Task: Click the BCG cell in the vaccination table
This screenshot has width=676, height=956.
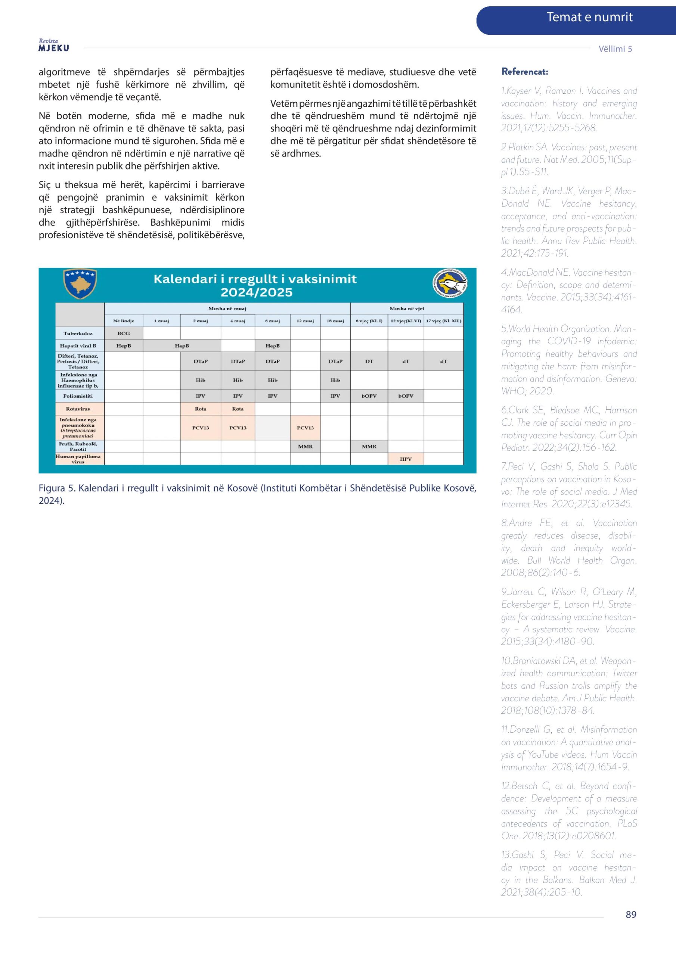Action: [x=124, y=333]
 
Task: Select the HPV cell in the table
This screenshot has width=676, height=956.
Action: [x=406, y=459]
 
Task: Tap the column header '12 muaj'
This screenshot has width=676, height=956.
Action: [x=305, y=321]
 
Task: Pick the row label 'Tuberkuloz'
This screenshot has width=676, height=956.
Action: [x=78, y=333]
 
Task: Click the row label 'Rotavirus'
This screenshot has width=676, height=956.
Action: [x=78, y=409]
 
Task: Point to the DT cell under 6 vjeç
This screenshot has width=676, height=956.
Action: [x=369, y=361]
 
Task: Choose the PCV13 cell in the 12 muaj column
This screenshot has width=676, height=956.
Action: [x=305, y=428]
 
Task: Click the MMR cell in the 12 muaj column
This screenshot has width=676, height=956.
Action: [x=305, y=446]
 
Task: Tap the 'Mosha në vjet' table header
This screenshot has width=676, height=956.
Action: [x=406, y=308]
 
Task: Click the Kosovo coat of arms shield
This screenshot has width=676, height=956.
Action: [x=80, y=283]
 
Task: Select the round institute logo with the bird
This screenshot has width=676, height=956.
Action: [x=450, y=283]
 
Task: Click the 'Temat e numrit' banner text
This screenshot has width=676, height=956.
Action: [x=589, y=17]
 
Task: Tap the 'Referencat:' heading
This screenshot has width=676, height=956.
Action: [x=524, y=72]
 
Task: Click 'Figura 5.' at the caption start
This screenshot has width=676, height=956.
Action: [x=57, y=488]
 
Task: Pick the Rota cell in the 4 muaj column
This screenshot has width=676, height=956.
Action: [x=238, y=409]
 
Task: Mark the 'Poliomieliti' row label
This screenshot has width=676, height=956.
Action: [x=78, y=396]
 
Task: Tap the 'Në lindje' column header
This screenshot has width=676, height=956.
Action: [x=124, y=321]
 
